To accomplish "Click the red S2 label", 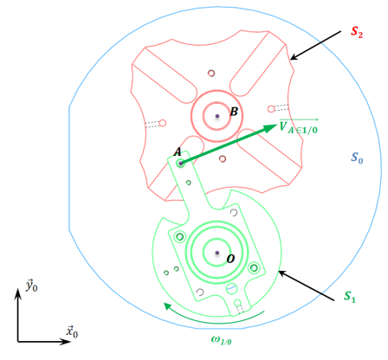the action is tap(357, 32).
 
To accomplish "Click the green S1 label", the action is tap(350, 297).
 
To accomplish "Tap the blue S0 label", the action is tap(357, 157).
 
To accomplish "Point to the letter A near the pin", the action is tap(178, 151).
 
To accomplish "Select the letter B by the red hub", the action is tap(234, 112).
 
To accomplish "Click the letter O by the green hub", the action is tap(230, 259).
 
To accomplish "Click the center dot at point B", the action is tap(217, 116).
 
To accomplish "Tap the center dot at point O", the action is tap(217, 253).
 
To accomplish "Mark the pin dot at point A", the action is tap(181, 164).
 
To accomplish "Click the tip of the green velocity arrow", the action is tap(277, 125).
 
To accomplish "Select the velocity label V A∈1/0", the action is tap(299, 126).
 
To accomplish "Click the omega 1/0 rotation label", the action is tap(222, 340).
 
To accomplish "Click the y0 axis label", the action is tap(32, 286).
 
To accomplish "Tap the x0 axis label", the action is tap(72, 331).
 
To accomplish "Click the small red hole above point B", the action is tap(211, 73).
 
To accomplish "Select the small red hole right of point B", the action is tap(271, 109).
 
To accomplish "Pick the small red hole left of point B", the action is tap(163, 123).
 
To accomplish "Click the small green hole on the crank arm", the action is tap(189, 183).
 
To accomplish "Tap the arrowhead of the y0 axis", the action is tap(18, 289).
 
